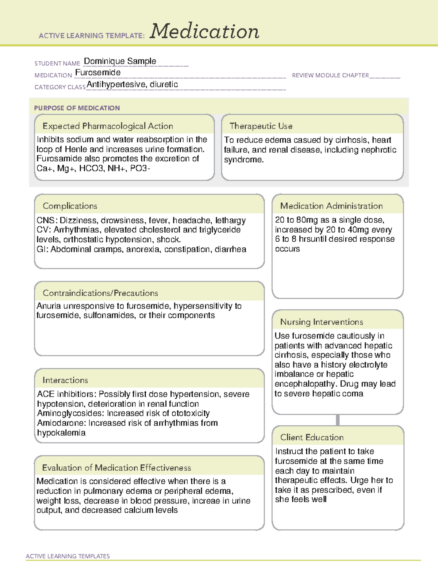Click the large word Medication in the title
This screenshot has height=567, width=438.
pos(204,31)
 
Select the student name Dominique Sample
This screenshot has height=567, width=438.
pos(120,61)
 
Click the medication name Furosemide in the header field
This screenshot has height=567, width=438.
pos(98,73)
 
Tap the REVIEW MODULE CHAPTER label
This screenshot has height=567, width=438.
pos(330,76)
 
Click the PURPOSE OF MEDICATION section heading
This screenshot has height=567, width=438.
pos(77,108)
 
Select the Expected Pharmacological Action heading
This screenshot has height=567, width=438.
pos(108,126)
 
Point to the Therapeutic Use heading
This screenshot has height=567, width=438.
pos(261,126)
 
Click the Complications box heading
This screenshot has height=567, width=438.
pos(70,206)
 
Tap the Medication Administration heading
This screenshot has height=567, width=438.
pos(331,206)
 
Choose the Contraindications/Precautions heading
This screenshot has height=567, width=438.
pos(100,293)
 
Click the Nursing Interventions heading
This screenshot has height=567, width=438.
pos(322,322)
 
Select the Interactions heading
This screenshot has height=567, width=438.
pos(65,380)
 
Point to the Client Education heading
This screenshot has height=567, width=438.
pos(312,437)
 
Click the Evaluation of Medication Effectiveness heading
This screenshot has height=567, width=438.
pos(116,468)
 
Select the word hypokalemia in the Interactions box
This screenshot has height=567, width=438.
pos(61,433)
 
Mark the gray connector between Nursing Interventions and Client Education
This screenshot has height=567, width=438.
pos(338,420)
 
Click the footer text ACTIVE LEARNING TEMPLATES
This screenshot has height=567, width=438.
pos(68,556)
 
